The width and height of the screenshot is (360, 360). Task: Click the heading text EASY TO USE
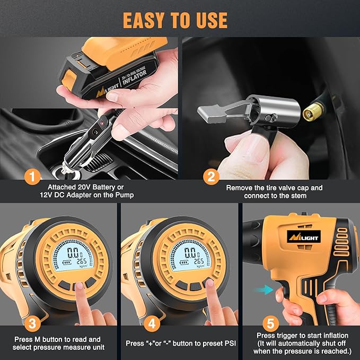click(175, 20)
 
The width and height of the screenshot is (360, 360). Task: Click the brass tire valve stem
click(311, 112)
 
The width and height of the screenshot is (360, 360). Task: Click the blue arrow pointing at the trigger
click(261, 289)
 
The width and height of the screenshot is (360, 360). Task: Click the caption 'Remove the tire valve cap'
click(274, 187)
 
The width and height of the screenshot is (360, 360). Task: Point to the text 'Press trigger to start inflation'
click(302, 335)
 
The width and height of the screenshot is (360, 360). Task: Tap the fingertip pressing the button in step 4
click(208, 285)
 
